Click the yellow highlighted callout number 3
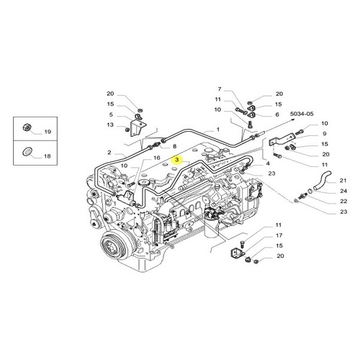tap(177, 160)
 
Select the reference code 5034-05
tap(302, 114)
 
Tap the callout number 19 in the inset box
tap(48, 132)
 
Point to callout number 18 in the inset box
tap(48, 156)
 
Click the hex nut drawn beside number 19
tap(26, 127)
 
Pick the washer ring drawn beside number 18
tap(26, 152)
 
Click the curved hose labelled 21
tap(322, 181)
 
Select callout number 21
tap(343, 181)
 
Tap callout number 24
tap(343, 191)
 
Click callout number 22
tap(343, 202)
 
